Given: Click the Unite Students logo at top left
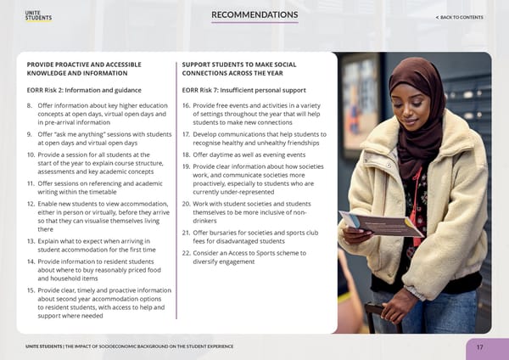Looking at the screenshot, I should click(38, 17).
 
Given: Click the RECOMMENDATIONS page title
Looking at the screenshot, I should click(255, 15).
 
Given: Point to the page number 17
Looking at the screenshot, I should click(479, 346).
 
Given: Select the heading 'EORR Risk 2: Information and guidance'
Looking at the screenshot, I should click(81, 90).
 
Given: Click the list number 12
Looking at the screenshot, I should click(31, 205).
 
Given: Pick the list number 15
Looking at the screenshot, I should click(31, 290).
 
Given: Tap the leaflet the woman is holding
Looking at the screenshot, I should click(381, 222).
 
